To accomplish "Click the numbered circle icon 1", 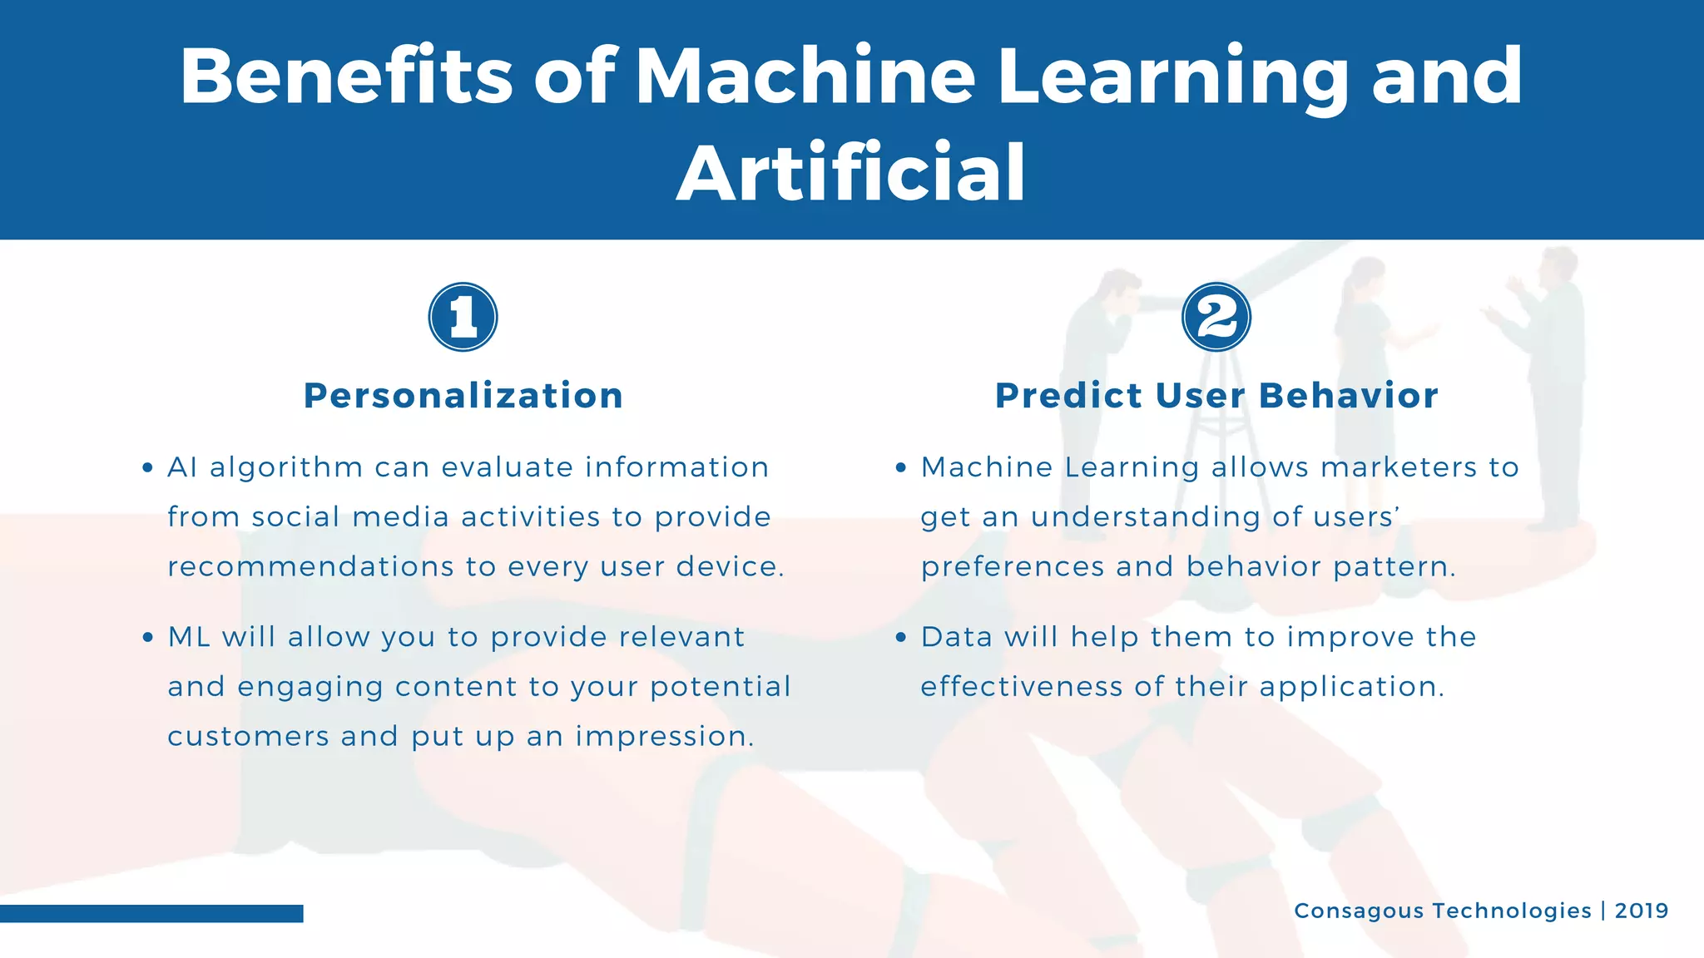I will tap(463, 317).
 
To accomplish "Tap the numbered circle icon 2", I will tap(1216, 317).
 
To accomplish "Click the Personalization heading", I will tap(463, 396).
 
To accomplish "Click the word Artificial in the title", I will tap(851, 173).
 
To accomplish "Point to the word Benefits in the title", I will tap(346, 77).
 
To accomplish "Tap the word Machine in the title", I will tap(805, 77).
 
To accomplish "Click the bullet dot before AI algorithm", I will tap(147, 468).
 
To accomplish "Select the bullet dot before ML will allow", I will tap(147, 638).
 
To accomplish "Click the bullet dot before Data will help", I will tap(900, 638).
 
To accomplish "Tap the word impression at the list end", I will tap(664, 737).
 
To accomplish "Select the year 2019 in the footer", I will tap(1641, 911).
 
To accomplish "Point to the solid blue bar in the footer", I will tap(151, 913).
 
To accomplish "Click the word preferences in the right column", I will tap(1013, 567).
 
